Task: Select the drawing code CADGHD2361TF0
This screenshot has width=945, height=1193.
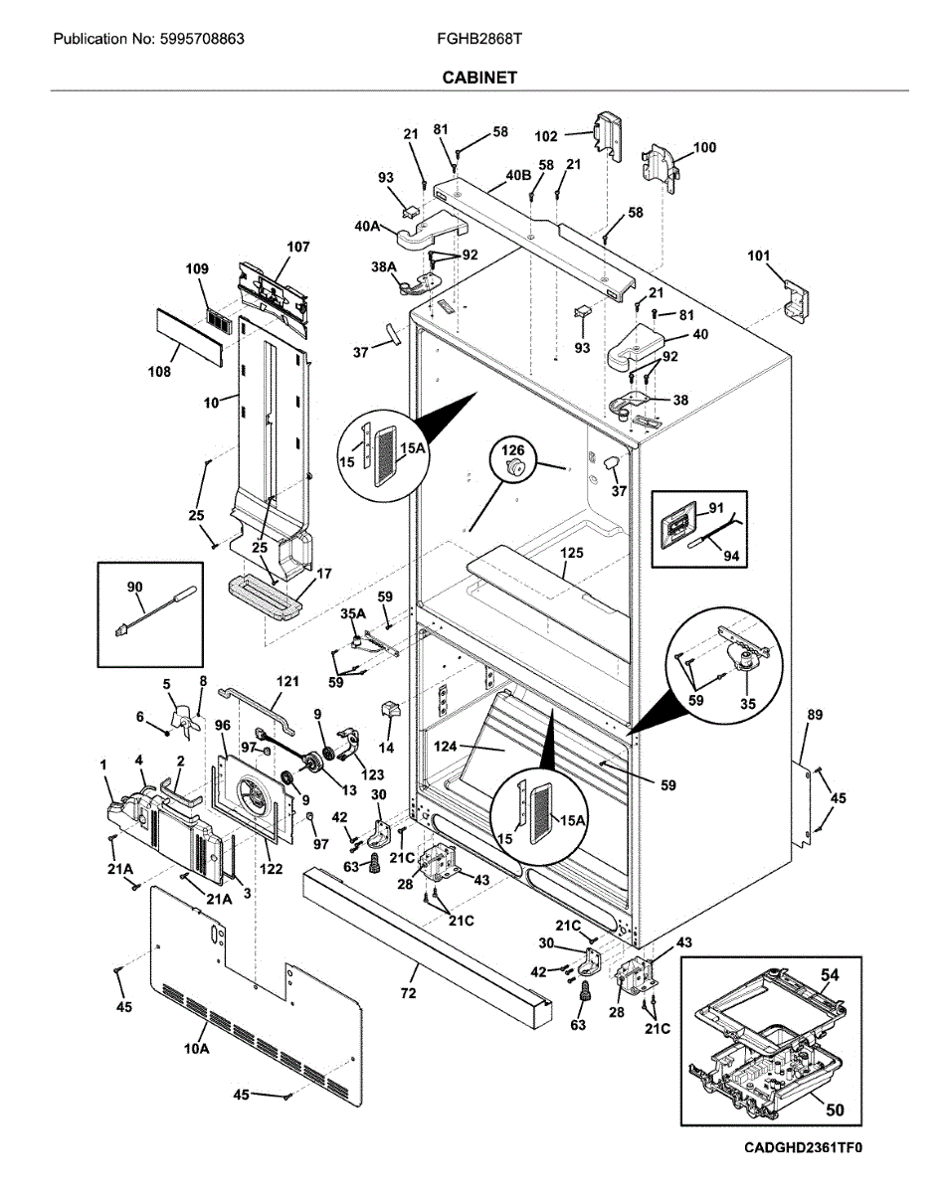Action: point(803,1148)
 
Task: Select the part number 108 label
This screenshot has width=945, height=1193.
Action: point(158,372)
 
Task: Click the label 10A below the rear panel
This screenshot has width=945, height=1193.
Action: point(197,1049)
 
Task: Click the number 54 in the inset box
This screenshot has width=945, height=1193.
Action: point(830,976)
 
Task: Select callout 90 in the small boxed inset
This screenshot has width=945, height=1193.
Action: point(134,588)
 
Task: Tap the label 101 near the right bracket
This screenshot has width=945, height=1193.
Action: point(759,256)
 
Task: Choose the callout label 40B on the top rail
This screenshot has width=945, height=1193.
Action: point(517,175)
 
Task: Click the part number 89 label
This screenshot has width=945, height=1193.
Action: point(814,714)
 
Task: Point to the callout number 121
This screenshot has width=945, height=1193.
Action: point(287,681)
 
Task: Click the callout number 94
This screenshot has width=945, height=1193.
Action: point(732,556)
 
